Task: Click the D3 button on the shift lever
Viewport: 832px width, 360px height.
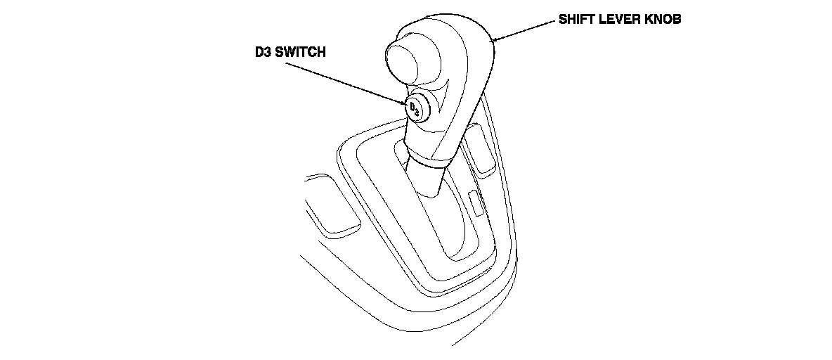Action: [415, 107]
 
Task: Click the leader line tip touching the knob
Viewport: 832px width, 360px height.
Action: [495, 41]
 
